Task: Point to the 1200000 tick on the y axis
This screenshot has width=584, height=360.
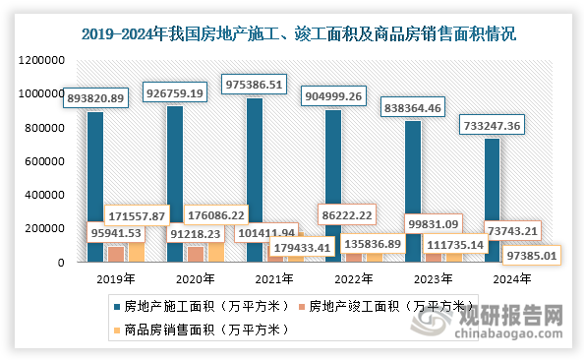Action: (x=41, y=60)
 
